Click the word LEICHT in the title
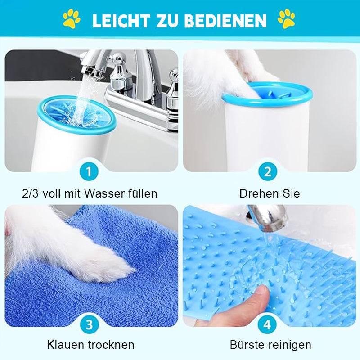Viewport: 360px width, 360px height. (x=121, y=20)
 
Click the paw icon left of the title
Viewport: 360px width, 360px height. (x=72, y=19)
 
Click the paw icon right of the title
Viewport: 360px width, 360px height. (x=287, y=19)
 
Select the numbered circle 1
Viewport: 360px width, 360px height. (x=89, y=171)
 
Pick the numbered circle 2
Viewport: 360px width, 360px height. (x=268, y=171)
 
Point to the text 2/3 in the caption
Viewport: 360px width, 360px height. (x=31, y=194)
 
